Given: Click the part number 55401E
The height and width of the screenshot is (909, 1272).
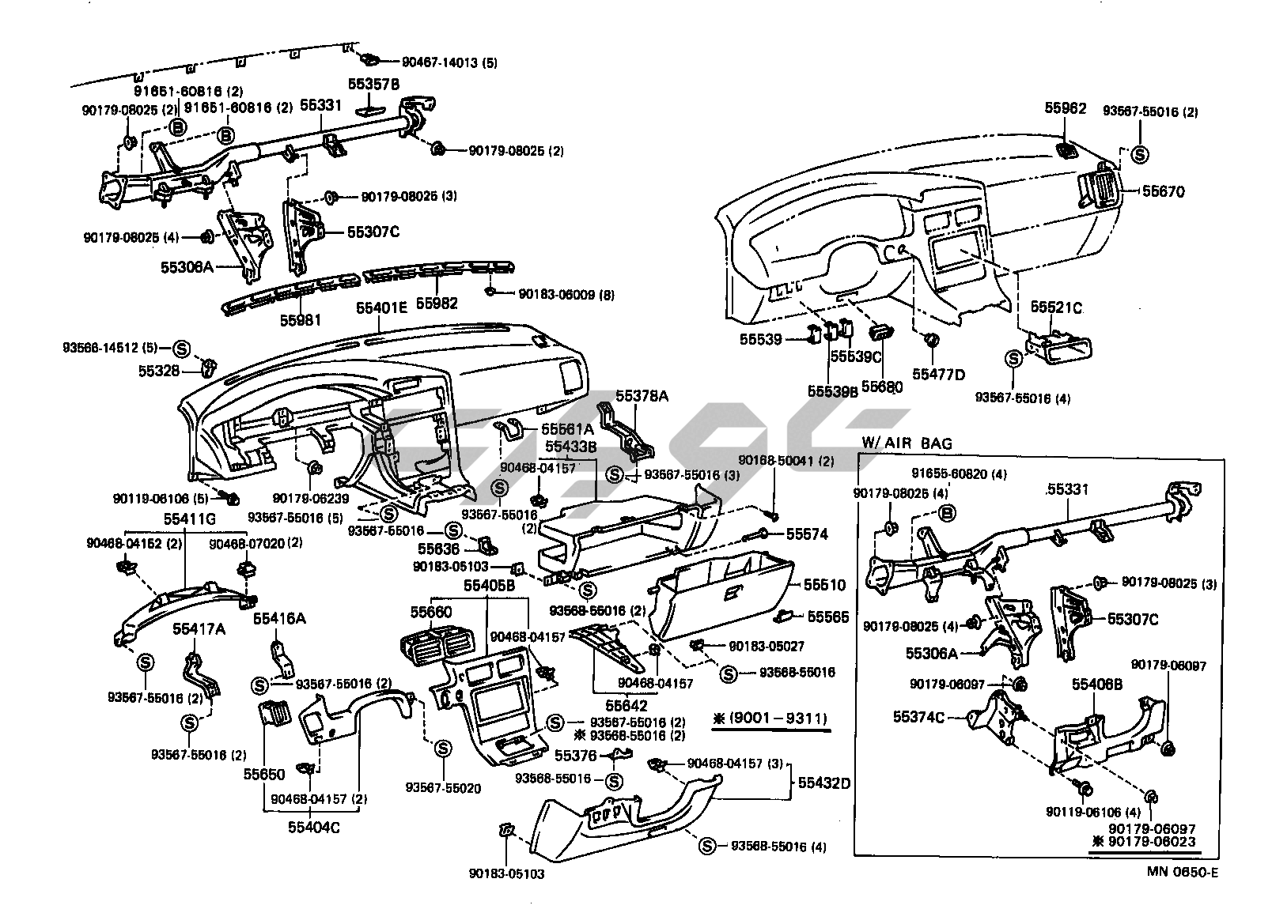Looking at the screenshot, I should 381,308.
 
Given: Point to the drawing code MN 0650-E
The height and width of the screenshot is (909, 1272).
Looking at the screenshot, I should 1183,873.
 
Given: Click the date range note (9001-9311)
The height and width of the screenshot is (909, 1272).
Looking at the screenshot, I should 771,719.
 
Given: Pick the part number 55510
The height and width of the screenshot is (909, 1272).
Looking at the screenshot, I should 825,586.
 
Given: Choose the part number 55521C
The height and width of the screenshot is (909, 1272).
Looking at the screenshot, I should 1056,307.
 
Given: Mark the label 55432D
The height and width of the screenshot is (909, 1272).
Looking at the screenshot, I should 823,783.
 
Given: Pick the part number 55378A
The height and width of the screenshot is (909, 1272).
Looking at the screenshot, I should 642,396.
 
